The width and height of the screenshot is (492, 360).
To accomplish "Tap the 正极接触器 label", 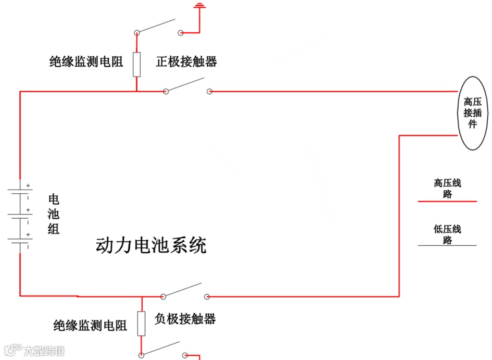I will (x=186, y=62).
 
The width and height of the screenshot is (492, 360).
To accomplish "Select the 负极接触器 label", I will (x=185, y=318).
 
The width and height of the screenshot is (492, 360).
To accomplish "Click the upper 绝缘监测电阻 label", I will (x=86, y=62).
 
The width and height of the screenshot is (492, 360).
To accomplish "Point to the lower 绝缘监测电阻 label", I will (x=90, y=326).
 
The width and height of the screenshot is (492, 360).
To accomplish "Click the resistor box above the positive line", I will (x=137, y=65).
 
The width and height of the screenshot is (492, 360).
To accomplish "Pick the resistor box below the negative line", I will (x=141, y=324).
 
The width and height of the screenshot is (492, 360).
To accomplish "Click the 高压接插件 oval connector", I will (x=473, y=113).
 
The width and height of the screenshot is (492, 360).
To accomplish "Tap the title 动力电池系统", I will (x=151, y=245).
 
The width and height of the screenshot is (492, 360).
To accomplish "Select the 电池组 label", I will (x=54, y=214).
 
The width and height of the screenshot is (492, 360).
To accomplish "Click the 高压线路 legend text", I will (x=447, y=189).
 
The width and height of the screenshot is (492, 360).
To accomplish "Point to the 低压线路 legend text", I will (x=447, y=234).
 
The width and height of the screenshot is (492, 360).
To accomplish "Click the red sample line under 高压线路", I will (x=447, y=201).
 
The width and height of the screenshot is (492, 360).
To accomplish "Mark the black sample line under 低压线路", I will (x=447, y=245).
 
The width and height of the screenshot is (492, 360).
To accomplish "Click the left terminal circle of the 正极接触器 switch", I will (x=166, y=92).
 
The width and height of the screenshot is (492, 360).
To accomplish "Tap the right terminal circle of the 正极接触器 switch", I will (x=209, y=92).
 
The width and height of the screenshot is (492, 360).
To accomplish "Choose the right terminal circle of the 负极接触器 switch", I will (x=207, y=297).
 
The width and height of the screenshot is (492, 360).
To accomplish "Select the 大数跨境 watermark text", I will (x=44, y=351).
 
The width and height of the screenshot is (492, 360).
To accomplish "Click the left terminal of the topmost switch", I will (x=137, y=32).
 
